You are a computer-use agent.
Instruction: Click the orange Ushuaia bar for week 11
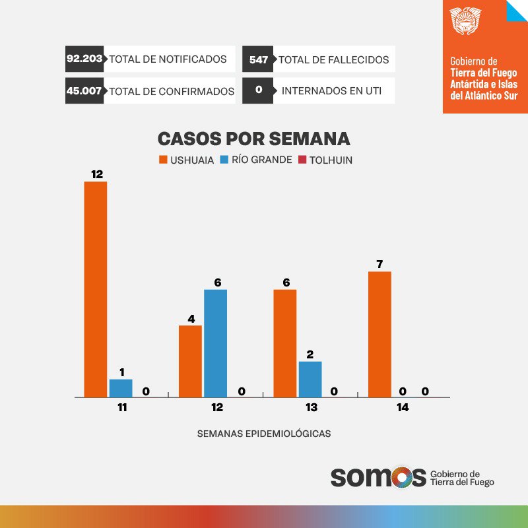95,289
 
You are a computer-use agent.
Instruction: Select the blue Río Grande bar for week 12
215,343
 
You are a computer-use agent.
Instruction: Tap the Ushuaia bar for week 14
379,334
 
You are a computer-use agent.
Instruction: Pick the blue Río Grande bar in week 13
310,379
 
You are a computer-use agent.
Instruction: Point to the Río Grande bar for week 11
121,388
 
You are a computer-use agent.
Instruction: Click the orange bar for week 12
190,361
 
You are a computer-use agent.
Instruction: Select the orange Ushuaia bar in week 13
284,343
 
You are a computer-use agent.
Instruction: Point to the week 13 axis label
311,408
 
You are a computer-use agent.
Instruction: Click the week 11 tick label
121,408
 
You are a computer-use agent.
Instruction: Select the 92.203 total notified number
84,59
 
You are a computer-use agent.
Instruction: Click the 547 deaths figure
258,59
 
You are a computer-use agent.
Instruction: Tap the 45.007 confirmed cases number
84,91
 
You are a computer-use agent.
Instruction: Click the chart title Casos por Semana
253,139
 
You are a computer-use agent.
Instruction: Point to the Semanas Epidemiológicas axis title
263,434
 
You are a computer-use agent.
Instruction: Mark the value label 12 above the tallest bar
97,174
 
